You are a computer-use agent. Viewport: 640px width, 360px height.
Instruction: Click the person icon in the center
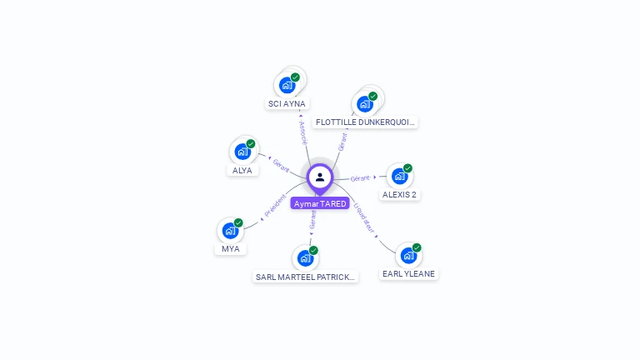pos(320,177)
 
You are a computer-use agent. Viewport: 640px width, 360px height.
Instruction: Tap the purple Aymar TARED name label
pos(320,203)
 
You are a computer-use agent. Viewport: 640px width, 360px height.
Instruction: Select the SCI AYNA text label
pos(287,104)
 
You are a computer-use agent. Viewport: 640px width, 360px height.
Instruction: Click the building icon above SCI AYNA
pos(287,85)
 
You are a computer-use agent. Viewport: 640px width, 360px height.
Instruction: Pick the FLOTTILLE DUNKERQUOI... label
pos(366,122)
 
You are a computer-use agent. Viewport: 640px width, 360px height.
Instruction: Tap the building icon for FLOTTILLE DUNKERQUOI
pos(365,103)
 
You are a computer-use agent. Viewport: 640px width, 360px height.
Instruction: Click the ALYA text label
pos(242,170)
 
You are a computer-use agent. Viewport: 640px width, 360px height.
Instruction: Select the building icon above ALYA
pos(242,152)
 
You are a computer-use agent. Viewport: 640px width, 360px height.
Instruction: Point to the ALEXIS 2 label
pos(399,195)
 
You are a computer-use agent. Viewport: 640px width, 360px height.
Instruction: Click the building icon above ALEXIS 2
pos(400,176)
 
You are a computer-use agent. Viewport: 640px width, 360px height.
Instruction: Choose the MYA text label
pos(230,249)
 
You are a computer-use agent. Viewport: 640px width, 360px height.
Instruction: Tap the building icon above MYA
pos(230,231)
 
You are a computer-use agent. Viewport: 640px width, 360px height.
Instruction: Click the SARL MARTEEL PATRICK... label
pos(306,277)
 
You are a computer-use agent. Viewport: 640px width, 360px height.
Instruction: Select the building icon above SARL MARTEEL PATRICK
pos(306,258)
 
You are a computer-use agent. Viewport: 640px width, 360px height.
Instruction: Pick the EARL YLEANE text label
pos(408,273)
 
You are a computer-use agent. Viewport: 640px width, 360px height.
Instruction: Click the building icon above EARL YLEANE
pos(408,255)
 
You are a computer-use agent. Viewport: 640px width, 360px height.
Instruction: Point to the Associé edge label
pos(302,132)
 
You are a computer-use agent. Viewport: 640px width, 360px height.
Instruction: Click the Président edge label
pos(275,207)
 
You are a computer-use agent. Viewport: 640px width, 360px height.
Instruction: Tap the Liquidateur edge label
pos(364,216)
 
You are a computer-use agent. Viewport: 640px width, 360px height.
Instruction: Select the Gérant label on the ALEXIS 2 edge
pos(360,178)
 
